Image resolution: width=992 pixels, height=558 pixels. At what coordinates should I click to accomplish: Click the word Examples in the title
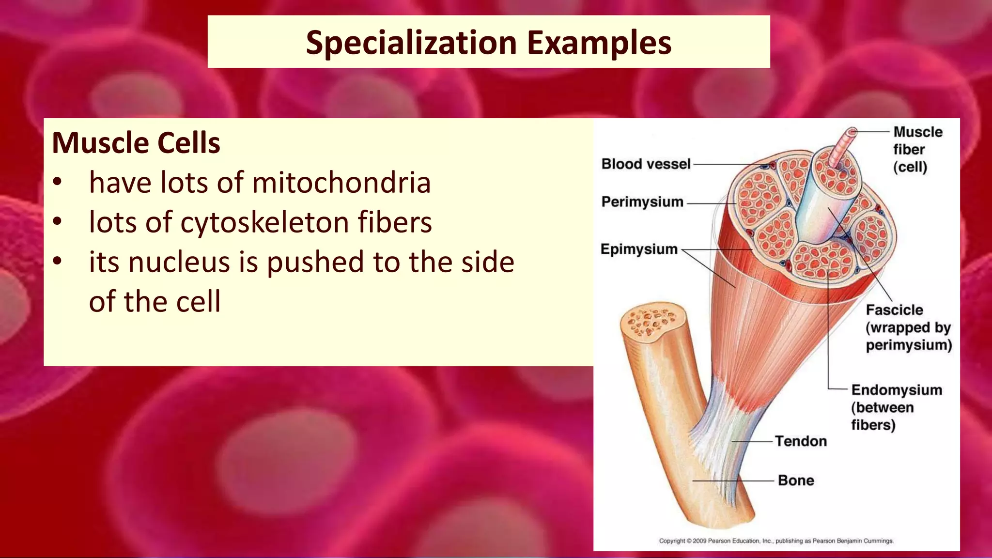[599, 43]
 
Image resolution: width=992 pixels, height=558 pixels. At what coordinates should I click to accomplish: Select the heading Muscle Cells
[136, 143]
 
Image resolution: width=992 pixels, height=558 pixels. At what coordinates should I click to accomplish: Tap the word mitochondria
[341, 183]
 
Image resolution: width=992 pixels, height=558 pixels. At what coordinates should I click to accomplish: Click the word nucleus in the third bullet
[179, 262]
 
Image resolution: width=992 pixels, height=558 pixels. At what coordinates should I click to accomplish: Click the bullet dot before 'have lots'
[58, 183]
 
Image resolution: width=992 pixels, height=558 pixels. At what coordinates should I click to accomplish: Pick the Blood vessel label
[645, 164]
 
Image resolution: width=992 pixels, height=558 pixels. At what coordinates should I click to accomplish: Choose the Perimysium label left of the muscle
[642, 201]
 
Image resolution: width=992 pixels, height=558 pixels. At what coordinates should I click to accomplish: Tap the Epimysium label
[639, 249]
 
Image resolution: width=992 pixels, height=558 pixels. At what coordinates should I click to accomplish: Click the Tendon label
[800, 441]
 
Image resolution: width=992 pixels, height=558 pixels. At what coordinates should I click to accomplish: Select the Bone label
[795, 480]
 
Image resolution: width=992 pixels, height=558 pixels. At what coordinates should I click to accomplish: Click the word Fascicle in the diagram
[894, 310]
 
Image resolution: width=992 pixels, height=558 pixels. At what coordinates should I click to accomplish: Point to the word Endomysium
[897, 390]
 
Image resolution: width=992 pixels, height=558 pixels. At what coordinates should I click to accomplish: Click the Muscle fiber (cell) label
[916, 149]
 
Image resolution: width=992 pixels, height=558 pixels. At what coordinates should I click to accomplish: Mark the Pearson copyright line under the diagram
[776, 541]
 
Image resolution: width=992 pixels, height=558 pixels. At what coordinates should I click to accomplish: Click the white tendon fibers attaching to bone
[717, 436]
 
